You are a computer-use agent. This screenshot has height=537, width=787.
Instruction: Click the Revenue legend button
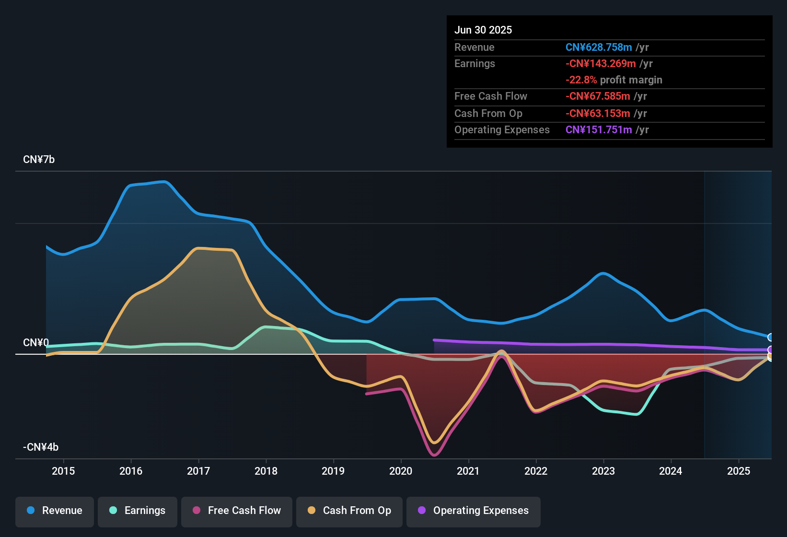tap(55, 511)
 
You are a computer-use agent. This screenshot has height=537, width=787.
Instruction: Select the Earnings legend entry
tap(138, 511)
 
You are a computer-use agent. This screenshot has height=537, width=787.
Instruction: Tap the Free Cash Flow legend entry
tap(237, 511)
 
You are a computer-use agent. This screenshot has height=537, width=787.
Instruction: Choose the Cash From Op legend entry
tap(349, 511)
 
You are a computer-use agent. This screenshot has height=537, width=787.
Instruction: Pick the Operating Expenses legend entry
tap(474, 511)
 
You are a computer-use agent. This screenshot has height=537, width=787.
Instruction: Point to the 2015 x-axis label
tap(63, 471)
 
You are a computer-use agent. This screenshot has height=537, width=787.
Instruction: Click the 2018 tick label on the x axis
tap(266, 471)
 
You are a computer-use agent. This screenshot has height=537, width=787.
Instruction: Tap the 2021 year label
tap(468, 471)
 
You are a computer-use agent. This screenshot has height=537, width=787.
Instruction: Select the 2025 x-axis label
tap(739, 471)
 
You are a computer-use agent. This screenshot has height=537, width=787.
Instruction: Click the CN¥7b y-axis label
tap(39, 160)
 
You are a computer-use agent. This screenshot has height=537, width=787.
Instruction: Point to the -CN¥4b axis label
tap(41, 447)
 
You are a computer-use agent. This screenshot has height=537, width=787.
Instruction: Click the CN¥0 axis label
tap(36, 343)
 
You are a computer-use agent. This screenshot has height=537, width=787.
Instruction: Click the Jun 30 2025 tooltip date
tap(483, 30)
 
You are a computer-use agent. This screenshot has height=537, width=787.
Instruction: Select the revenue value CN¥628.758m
tap(599, 47)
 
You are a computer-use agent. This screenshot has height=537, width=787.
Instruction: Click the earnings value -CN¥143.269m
tap(601, 64)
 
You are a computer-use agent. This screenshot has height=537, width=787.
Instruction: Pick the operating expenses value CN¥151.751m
tap(599, 130)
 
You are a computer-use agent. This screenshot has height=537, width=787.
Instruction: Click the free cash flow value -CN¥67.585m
tap(598, 96)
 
